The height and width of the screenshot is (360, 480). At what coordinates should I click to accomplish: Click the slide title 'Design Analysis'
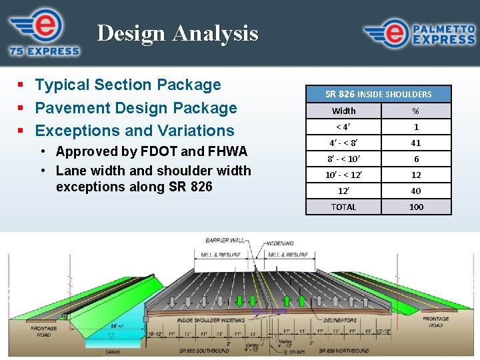click(x=177, y=33)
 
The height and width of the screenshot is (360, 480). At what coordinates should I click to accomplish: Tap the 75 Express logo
click(x=44, y=32)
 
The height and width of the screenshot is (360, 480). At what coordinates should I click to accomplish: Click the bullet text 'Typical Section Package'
click(x=127, y=85)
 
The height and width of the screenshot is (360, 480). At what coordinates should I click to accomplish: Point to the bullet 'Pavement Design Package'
click(x=135, y=108)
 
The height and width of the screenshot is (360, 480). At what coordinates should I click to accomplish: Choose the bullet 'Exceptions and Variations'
click(x=134, y=131)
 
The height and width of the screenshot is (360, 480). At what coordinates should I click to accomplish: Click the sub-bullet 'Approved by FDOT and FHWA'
click(x=151, y=152)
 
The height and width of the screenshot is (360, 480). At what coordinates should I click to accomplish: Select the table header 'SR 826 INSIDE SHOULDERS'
click(x=378, y=94)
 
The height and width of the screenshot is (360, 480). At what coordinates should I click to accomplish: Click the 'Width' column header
click(x=344, y=111)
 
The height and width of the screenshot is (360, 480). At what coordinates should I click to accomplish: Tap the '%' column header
click(x=416, y=111)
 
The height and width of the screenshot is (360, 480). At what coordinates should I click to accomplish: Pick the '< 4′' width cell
click(x=344, y=127)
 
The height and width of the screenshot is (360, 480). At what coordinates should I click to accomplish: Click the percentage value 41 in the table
click(x=416, y=143)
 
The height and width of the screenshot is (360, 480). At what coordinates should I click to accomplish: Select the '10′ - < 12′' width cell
click(x=344, y=175)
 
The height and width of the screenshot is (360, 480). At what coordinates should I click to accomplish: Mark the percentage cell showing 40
click(x=416, y=191)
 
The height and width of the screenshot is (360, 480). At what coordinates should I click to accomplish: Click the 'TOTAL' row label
click(x=344, y=207)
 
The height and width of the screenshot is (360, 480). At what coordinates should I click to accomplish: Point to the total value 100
click(x=416, y=207)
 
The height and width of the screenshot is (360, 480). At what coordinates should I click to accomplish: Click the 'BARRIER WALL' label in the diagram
click(x=226, y=241)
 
